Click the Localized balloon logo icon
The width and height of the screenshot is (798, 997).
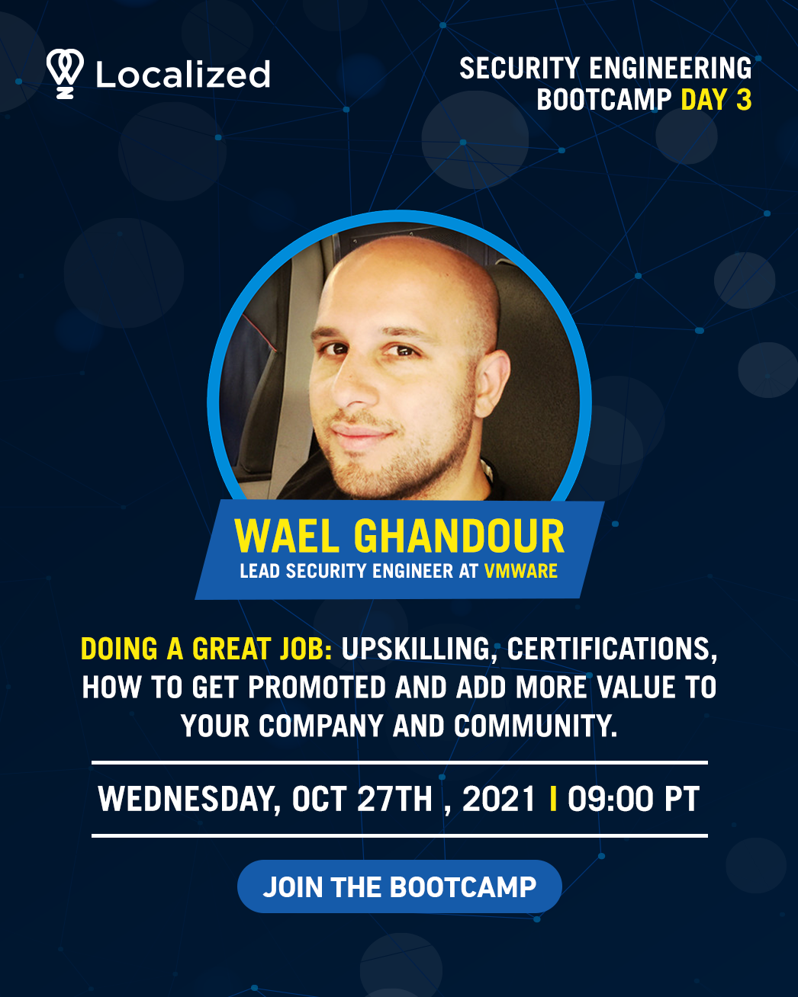65,73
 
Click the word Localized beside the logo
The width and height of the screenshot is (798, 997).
182,74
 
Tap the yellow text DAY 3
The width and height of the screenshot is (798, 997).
716,99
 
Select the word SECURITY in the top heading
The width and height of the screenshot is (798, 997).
520,68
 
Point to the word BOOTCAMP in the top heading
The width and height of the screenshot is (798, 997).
603,99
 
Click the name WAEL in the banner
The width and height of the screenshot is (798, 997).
287,536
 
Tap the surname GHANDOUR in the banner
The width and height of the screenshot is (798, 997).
459,536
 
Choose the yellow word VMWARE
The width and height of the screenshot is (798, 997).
521,571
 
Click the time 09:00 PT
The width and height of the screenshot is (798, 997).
633,799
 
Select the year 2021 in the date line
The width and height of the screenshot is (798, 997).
499,799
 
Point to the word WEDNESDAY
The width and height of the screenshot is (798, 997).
189,800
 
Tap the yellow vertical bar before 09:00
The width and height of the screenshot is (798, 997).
552,798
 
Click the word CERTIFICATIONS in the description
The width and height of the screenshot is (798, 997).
612,649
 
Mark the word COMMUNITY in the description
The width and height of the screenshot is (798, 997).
536,726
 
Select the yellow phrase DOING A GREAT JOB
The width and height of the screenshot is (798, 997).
206,649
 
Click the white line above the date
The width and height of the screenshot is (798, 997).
400,762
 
